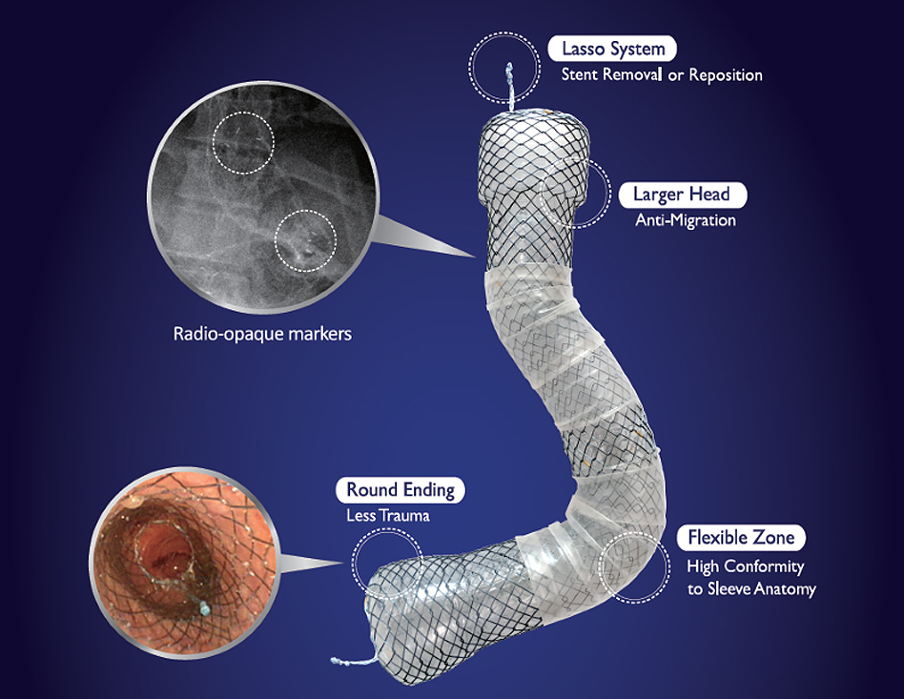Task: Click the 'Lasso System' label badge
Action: (613, 49)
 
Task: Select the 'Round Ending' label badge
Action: (401, 490)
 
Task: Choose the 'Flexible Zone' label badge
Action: (741, 537)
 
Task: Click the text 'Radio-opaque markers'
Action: (262, 335)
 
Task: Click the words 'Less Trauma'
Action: (388, 516)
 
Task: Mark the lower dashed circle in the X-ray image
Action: (305, 238)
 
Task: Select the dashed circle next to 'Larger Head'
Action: (574, 192)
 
